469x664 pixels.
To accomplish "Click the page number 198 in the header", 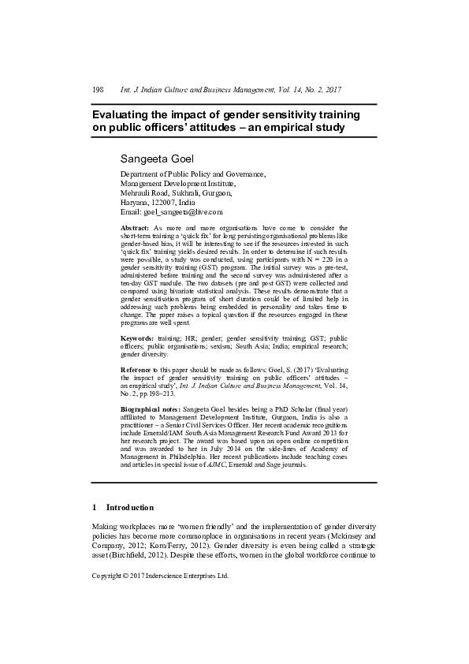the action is (98, 90).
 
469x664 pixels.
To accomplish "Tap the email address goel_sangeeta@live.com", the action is (181, 212).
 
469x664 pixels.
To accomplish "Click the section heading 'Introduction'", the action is (129, 507).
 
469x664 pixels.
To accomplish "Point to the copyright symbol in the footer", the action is (128, 576).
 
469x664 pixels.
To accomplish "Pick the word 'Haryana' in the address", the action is (134, 203).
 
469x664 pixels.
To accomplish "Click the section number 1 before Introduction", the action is (95, 507).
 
